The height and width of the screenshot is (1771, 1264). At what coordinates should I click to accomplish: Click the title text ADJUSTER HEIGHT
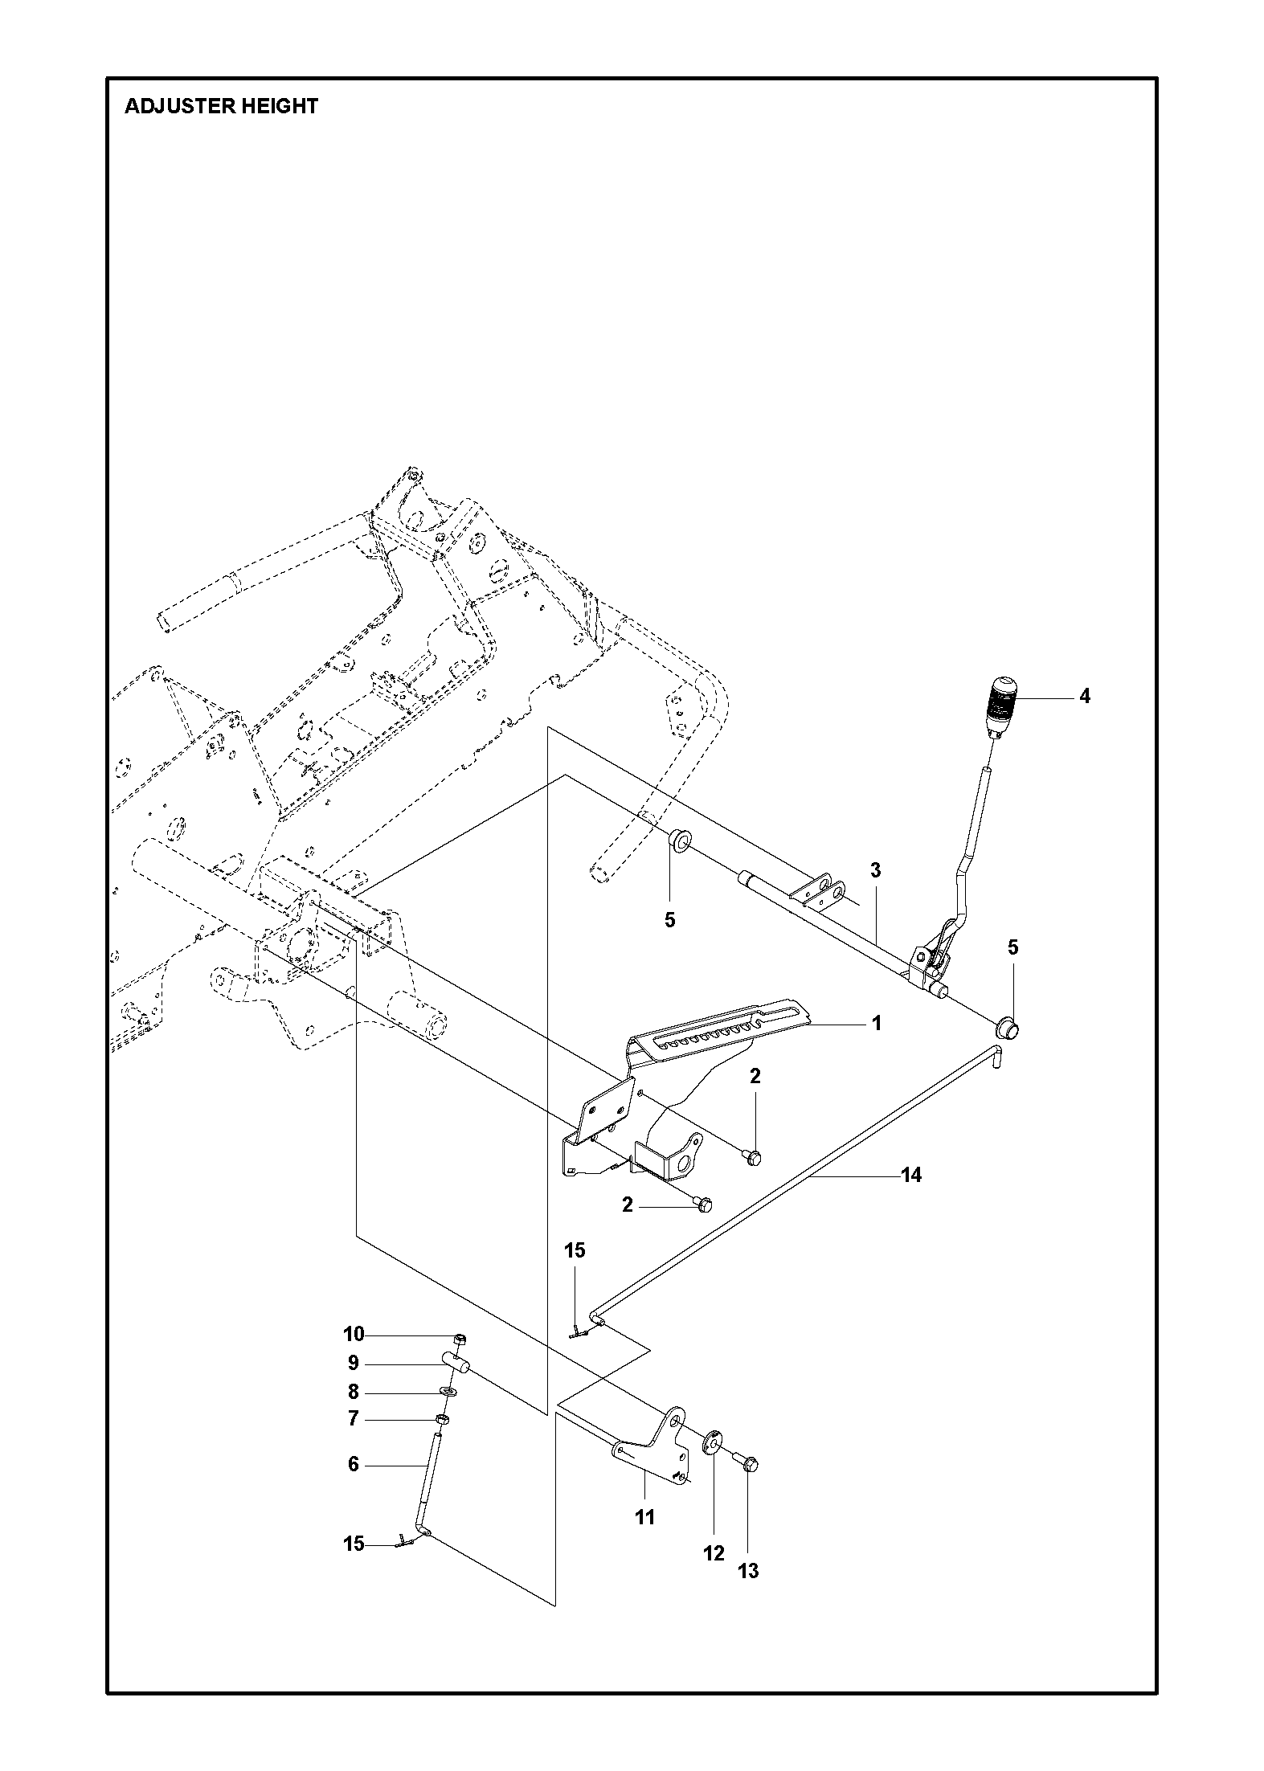pyautogui.click(x=221, y=106)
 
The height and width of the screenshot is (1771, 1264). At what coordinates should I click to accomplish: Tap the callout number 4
pyautogui.click(x=1084, y=697)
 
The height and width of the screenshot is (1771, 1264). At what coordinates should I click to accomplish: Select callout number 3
pyautogui.click(x=876, y=870)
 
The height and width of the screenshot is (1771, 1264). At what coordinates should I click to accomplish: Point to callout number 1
pyautogui.click(x=877, y=1024)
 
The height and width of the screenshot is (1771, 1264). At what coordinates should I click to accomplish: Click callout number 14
pyautogui.click(x=910, y=1176)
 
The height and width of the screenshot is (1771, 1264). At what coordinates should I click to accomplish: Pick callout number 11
pyautogui.click(x=645, y=1518)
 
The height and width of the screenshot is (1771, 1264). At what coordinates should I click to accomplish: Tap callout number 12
pyautogui.click(x=714, y=1554)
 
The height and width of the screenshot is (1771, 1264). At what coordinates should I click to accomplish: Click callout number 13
pyautogui.click(x=748, y=1571)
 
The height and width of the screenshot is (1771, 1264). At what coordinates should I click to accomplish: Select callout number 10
pyautogui.click(x=354, y=1335)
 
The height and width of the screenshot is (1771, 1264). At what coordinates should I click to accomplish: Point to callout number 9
pyautogui.click(x=353, y=1364)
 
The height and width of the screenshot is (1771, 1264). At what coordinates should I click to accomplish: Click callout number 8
pyautogui.click(x=353, y=1393)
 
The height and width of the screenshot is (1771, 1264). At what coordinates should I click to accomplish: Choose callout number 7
pyautogui.click(x=353, y=1419)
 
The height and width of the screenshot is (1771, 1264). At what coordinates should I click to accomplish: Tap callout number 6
pyautogui.click(x=353, y=1465)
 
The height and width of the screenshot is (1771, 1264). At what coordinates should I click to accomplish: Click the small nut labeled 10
pyautogui.click(x=460, y=1339)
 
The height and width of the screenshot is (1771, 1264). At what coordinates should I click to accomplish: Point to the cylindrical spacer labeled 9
pyautogui.click(x=456, y=1362)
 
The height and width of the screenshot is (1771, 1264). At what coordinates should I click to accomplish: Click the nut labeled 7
pyautogui.click(x=442, y=1419)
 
